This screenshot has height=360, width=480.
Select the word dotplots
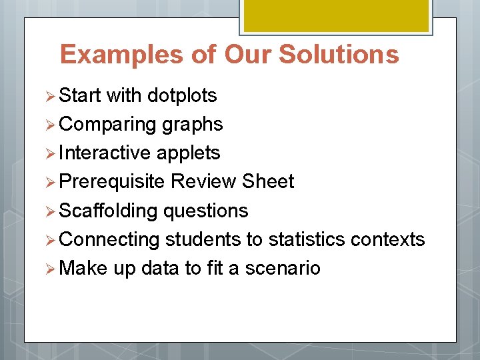(182, 95)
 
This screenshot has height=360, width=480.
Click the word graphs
(192, 125)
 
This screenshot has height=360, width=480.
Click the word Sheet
(268, 182)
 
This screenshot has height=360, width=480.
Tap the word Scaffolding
(109, 211)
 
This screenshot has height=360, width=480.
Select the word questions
(206, 211)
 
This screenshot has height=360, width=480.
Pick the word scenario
(283, 268)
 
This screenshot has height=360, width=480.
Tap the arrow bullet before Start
(53, 96)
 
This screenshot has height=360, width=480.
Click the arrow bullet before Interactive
(53, 153)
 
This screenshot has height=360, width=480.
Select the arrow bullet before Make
(53, 269)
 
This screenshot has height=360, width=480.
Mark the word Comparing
(109, 125)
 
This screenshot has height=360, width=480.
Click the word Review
(204, 182)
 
